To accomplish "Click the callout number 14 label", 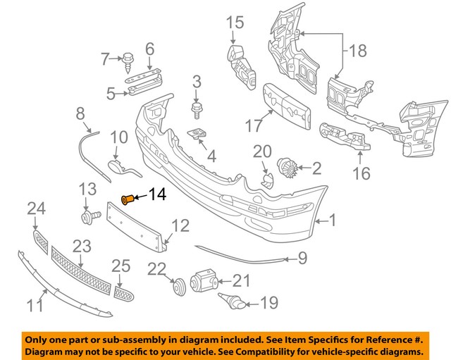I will click(x=159, y=195).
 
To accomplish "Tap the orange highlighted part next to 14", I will click(x=128, y=200).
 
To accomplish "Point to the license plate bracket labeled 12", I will click(x=137, y=222).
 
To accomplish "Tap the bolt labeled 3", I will click(x=197, y=108).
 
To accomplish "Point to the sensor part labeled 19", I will click(x=233, y=304).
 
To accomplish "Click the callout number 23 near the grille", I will click(x=82, y=247).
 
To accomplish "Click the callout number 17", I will click(x=254, y=127).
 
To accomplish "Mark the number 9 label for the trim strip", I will click(x=302, y=259).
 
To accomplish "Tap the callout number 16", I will click(x=361, y=171).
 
